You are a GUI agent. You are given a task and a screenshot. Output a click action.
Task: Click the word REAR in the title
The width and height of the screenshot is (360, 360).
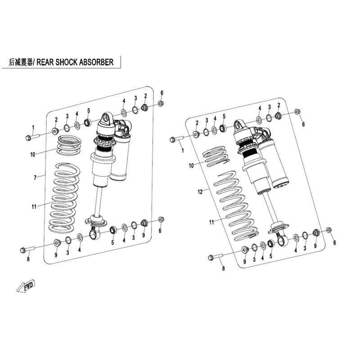pos(45,62)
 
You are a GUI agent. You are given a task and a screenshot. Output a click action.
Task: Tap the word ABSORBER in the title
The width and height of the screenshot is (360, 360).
pos(96,62)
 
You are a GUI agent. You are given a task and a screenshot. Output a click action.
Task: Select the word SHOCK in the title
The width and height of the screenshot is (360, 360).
pos(67,62)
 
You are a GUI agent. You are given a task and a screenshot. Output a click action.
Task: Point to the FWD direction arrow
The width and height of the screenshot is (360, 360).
pos(27,286)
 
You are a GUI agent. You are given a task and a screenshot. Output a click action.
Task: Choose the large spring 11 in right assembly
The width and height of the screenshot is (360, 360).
pos(237,207)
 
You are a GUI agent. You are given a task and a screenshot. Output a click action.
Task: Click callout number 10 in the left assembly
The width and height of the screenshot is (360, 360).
pos(32,154)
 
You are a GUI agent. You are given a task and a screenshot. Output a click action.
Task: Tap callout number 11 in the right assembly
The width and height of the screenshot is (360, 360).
pos(212,221)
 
